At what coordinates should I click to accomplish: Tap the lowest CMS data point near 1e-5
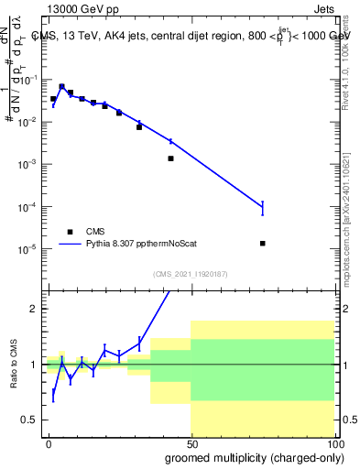(263, 244)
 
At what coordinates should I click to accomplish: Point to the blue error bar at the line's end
(263, 208)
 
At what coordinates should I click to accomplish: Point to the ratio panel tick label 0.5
(32, 420)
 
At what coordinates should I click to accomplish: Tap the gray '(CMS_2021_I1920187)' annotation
(191, 274)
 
